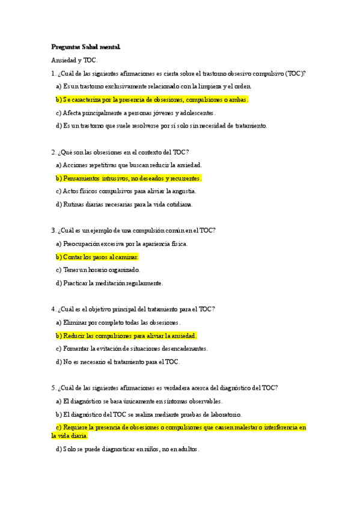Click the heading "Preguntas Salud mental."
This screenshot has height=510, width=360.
[x=85, y=47]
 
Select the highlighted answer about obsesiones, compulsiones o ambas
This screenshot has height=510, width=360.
[x=152, y=100]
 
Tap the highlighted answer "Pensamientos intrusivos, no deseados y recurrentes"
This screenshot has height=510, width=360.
[x=129, y=178]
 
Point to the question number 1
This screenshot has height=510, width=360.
[x=53, y=73]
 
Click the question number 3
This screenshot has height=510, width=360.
[x=53, y=230]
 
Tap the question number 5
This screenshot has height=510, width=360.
[x=53, y=388]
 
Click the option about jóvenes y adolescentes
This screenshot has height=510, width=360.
[x=135, y=112]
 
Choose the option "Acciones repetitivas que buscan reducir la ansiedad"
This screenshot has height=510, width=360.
[x=129, y=165]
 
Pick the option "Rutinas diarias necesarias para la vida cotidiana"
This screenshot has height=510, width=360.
[x=124, y=204]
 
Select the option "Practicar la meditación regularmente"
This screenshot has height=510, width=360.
[x=109, y=283]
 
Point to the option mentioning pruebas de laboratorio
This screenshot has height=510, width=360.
[x=148, y=414]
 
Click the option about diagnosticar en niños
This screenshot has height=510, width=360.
[x=127, y=449]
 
